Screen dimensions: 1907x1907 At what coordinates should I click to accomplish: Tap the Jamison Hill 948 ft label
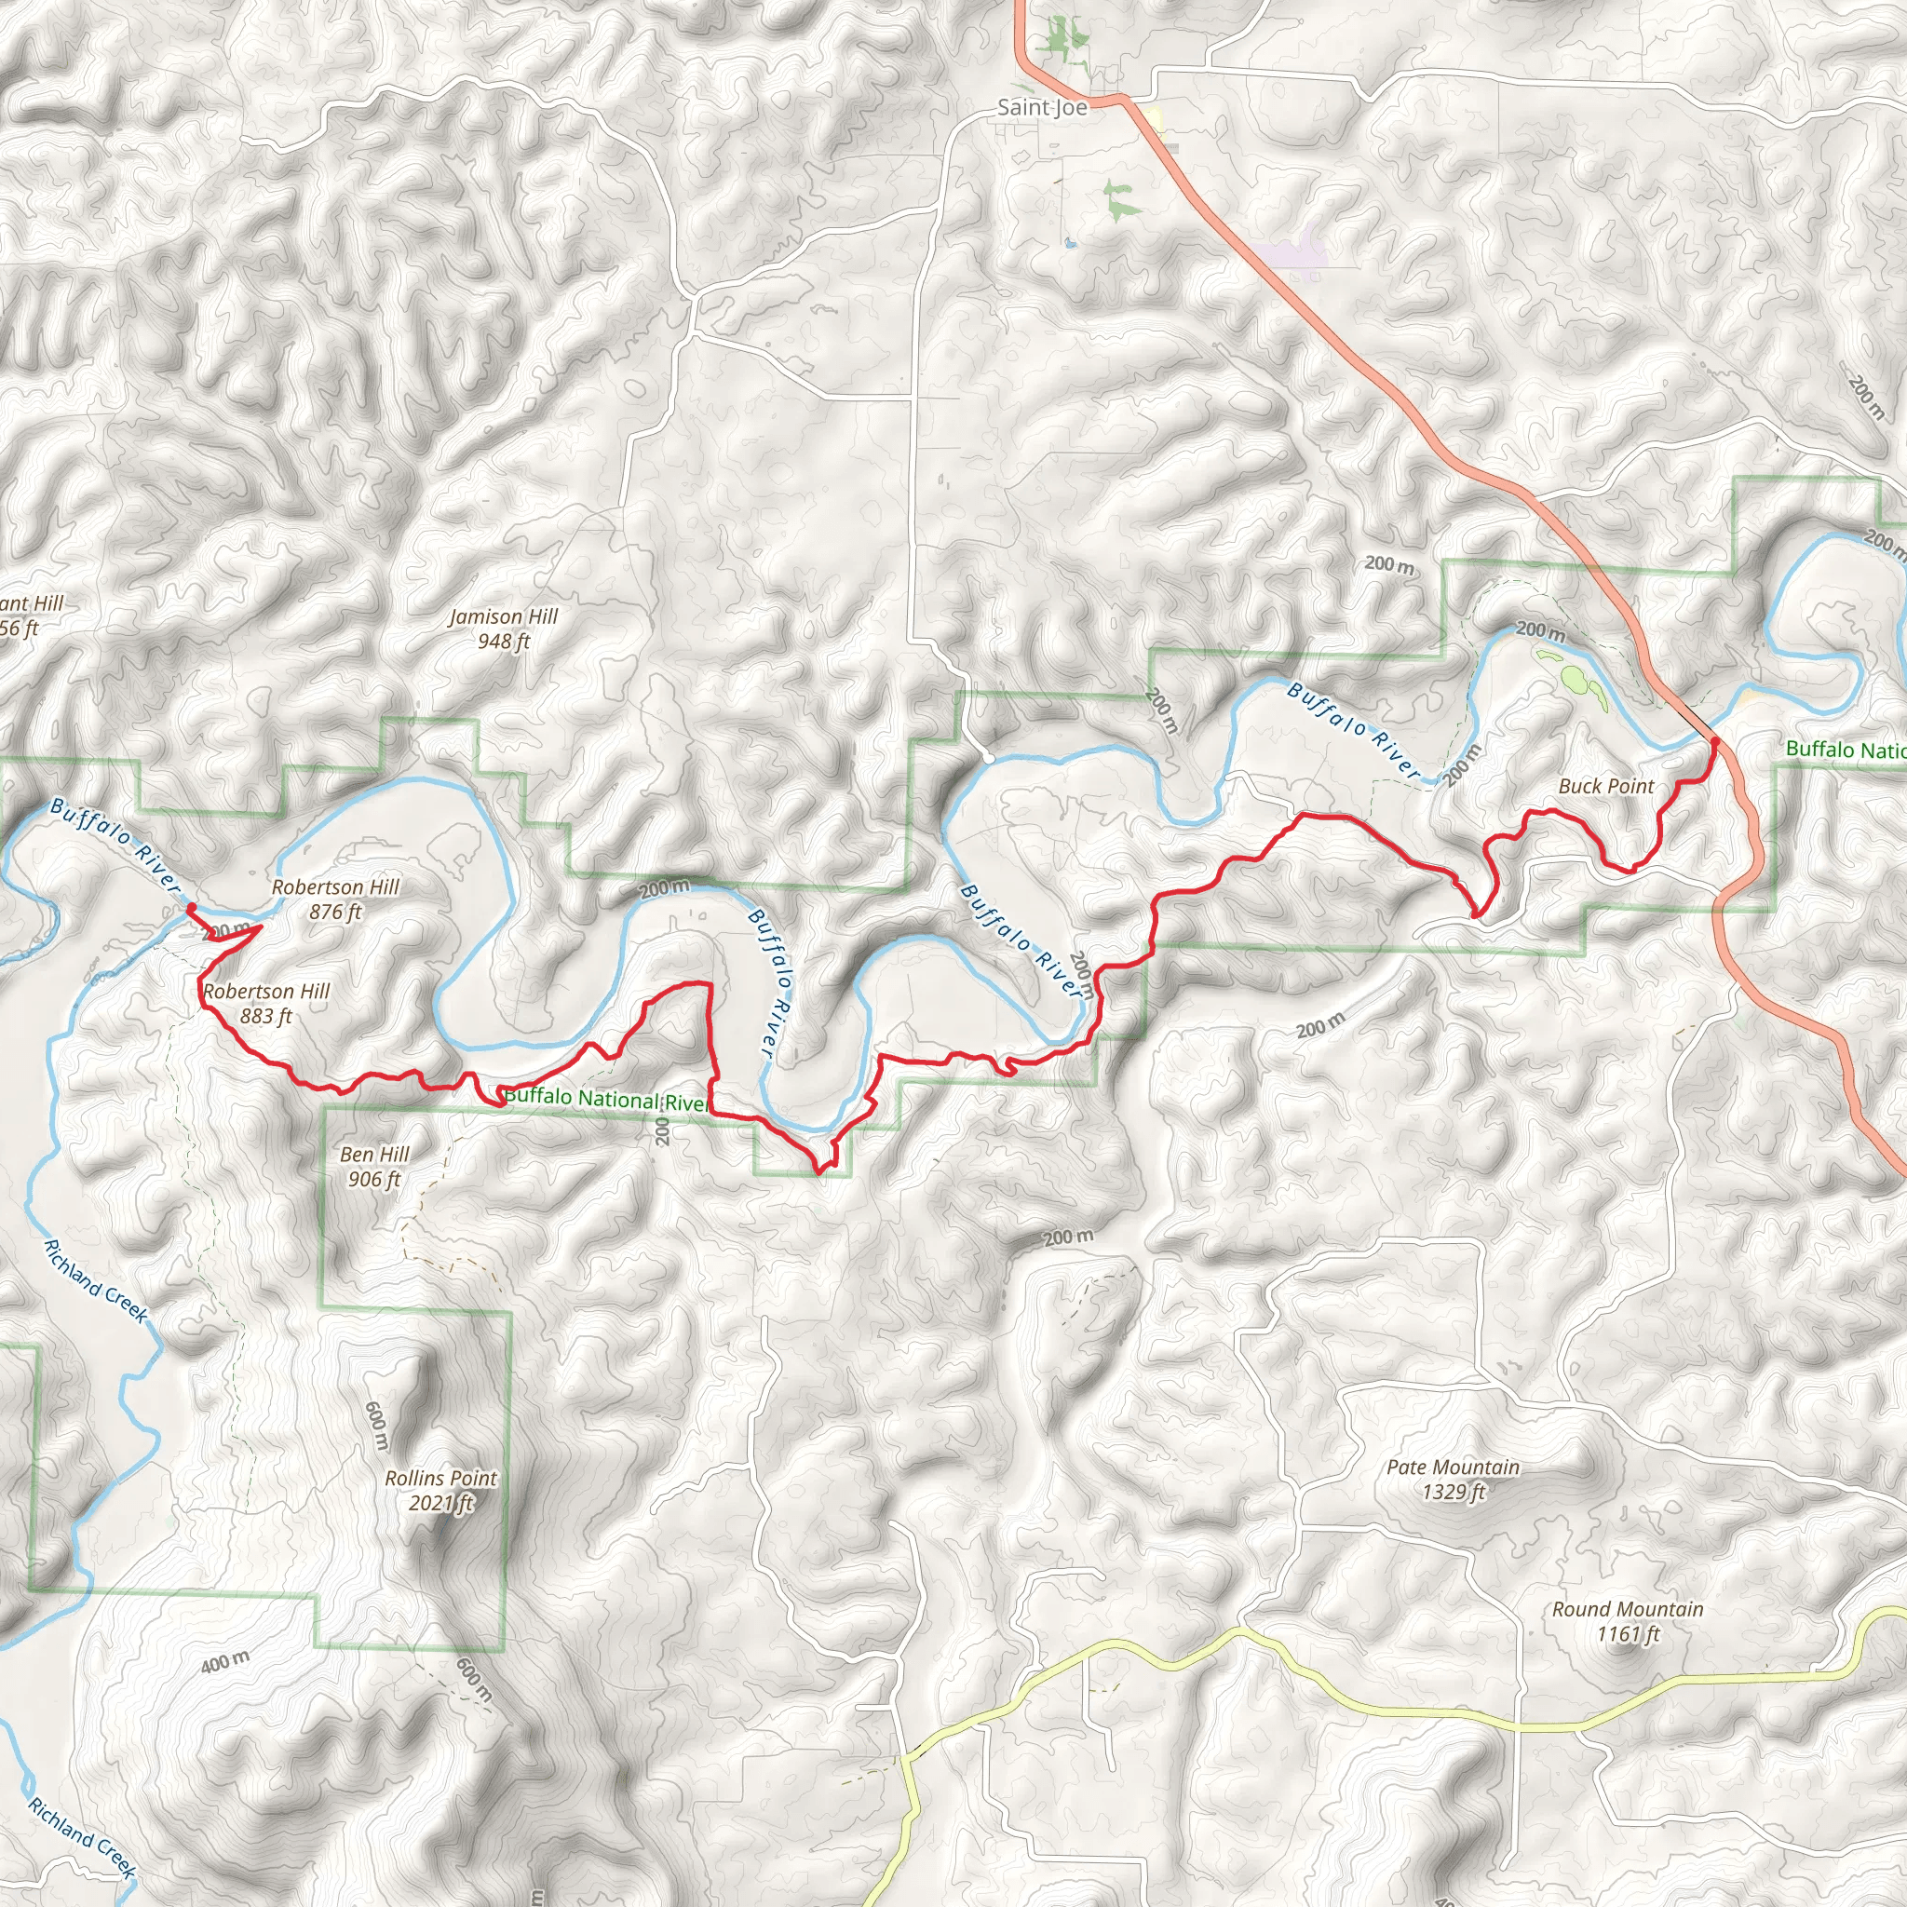(504, 629)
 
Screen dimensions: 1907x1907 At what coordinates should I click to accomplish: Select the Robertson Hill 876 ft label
(335, 899)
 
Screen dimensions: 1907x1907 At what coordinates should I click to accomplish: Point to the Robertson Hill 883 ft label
(266, 1003)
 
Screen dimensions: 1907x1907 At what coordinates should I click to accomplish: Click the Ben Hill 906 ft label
(374, 1166)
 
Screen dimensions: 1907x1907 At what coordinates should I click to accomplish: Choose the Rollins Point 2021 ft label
(441, 1491)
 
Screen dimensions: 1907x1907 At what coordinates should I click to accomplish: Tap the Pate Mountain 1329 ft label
(1453, 1479)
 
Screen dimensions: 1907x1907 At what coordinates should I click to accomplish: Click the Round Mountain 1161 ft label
(1628, 1622)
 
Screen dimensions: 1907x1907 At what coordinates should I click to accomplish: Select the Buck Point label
(1606, 787)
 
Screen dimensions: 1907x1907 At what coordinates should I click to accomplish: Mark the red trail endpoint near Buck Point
(1715, 741)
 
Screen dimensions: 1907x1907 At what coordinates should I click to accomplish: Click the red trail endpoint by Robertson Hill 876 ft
(191, 907)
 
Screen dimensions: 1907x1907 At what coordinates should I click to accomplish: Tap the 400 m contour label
(225, 1662)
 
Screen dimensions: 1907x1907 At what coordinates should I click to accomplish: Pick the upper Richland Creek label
(96, 1281)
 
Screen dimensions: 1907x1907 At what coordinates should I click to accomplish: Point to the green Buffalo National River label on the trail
(606, 1099)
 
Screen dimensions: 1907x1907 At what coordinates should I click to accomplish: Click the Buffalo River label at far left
(115, 845)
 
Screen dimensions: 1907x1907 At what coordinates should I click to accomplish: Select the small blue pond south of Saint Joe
(1069, 242)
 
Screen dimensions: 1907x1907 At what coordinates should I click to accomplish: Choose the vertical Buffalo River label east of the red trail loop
(772, 983)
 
